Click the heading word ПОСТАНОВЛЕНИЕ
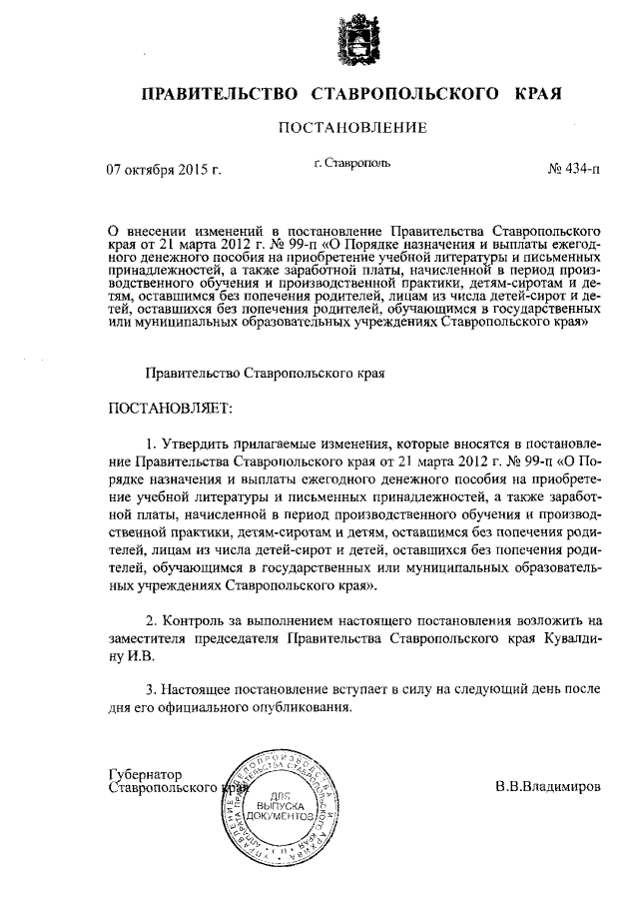pos(352,127)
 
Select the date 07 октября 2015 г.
pos(163,170)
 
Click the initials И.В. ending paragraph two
pos(141,656)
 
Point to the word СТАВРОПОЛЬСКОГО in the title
pos(406,94)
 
